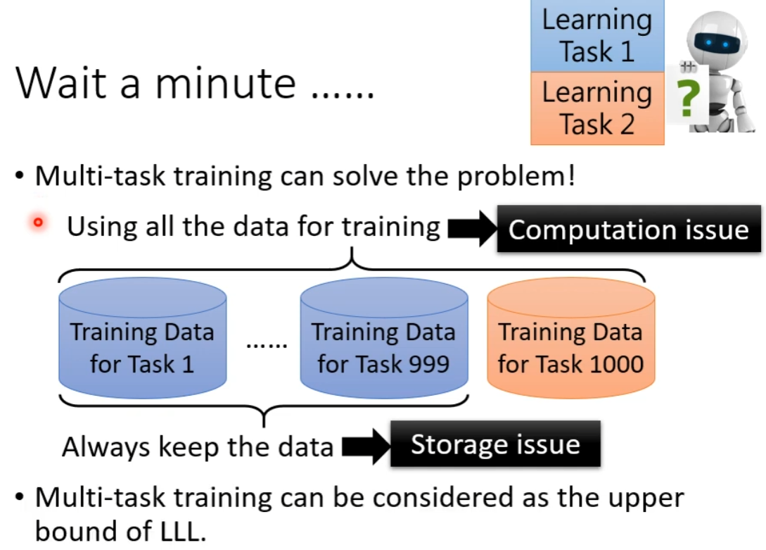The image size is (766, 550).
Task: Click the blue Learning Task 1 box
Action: tap(597, 36)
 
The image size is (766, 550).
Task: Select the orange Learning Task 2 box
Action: tap(597, 108)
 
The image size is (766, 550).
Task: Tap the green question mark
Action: tap(689, 99)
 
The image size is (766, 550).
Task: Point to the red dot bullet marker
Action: tap(38, 223)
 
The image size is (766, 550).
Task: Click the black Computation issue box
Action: tap(629, 229)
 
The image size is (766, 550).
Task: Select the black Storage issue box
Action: tap(495, 444)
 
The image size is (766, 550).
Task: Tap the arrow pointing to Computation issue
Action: tap(472, 228)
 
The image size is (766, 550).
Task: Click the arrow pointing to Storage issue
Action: tap(366, 446)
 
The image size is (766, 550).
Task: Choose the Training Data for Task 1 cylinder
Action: tap(142, 338)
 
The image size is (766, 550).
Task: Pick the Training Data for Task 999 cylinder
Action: tap(384, 338)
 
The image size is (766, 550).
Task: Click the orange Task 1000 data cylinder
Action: tap(570, 338)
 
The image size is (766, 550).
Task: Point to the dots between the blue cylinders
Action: tap(267, 346)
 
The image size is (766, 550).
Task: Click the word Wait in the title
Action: tap(61, 83)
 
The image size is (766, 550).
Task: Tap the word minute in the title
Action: tap(226, 83)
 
